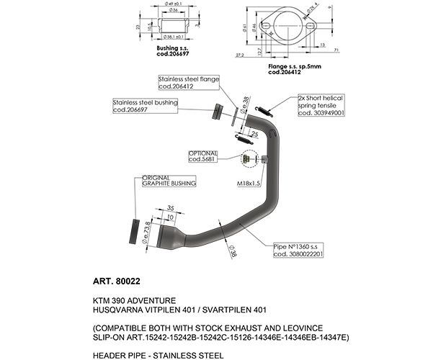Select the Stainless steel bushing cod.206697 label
[145, 107]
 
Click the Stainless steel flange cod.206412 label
[189, 82]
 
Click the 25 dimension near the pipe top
[254, 134]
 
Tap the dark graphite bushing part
[133, 230]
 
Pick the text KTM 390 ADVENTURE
[133, 300]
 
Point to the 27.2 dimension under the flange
[239, 54]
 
